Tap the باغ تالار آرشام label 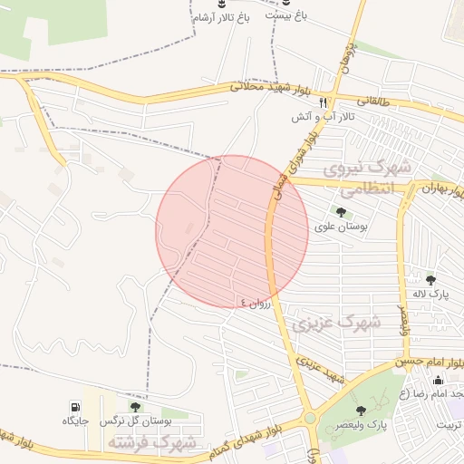(x=220, y=18)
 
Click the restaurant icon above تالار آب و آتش (x=323, y=102)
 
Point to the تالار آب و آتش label (x=323, y=117)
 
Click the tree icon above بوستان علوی (x=341, y=212)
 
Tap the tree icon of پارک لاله (x=430, y=280)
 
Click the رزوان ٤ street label (x=256, y=303)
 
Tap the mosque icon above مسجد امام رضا (x=439, y=380)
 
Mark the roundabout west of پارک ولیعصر (x=311, y=418)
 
